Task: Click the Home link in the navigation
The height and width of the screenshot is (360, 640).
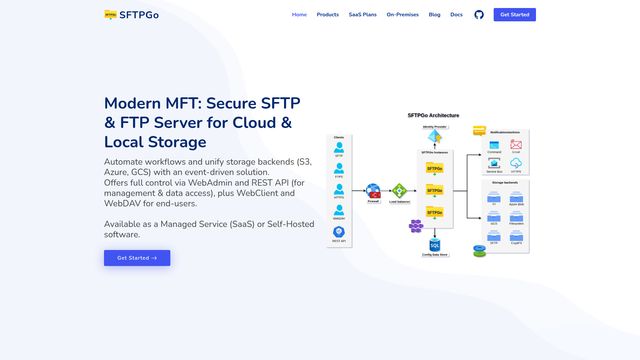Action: point(299,15)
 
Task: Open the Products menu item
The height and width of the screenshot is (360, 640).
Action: point(328,15)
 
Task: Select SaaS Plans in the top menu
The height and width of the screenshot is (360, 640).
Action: point(363,15)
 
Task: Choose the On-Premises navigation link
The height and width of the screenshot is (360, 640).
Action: point(402,15)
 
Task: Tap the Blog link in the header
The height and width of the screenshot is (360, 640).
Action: point(434,15)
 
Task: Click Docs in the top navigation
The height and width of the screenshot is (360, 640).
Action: point(456,15)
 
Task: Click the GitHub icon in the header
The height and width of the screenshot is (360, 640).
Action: point(478,15)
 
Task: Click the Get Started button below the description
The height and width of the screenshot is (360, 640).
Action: point(137,258)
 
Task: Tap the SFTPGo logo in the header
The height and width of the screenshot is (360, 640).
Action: point(131,15)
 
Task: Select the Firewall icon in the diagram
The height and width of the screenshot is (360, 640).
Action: point(373,189)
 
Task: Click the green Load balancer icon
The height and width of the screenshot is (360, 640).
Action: point(399,189)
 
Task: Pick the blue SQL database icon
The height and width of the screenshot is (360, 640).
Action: point(435,243)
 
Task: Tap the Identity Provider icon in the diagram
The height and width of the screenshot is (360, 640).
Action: point(435,137)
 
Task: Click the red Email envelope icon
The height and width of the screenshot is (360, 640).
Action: point(516,144)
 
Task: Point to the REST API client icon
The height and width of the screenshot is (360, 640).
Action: point(338,231)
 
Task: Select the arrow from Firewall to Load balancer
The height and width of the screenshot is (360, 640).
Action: point(386,189)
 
